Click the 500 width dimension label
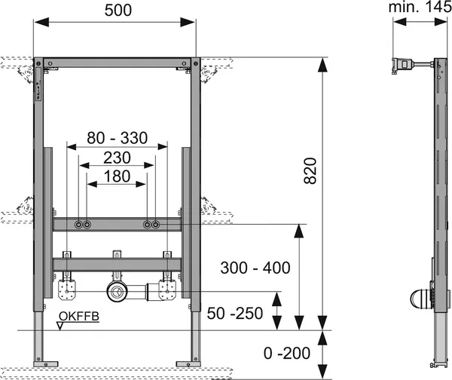coord(118,11)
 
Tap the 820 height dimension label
coord(310,170)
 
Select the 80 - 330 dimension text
coord(118,138)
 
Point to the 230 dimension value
coord(117,158)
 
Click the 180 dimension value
coord(117,176)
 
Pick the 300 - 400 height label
coord(255,268)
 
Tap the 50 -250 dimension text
coord(235,314)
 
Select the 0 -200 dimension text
coord(287,353)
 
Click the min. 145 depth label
coord(420,8)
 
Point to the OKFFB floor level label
coord(79,317)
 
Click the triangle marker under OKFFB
coord(60,326)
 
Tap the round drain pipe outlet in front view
coord(117,292)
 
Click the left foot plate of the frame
coord(45,364)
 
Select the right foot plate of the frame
coord(188,364)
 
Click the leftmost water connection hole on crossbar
coord(78,224)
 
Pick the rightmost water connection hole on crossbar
coord(156,224)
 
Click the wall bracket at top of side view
coord(402,66)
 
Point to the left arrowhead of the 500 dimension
coord(41,22)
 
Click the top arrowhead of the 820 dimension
coord(322,65)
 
